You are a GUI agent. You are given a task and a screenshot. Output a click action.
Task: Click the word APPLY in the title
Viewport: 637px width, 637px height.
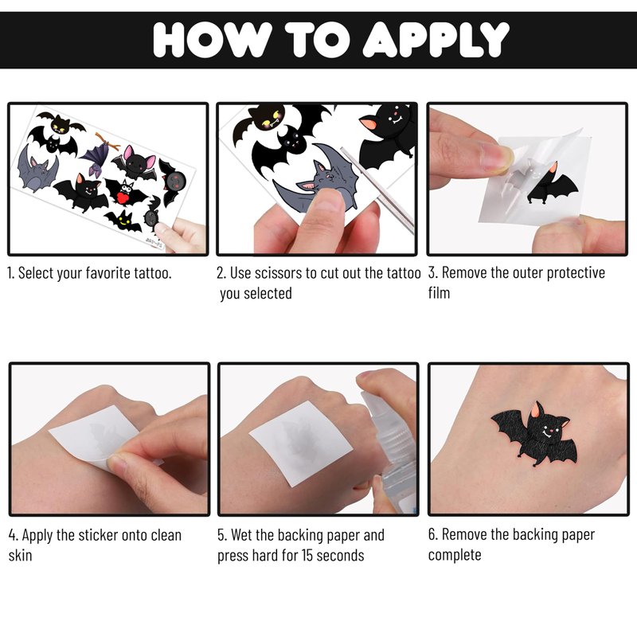(x=436, y=39)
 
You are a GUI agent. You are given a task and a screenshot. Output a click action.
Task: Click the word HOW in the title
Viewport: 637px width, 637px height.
(x=213, y=39)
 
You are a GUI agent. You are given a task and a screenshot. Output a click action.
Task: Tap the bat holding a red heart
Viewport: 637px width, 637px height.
(x=126, y=192)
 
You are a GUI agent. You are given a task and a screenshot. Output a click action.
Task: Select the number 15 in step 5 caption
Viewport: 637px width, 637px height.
(x=307, y=555)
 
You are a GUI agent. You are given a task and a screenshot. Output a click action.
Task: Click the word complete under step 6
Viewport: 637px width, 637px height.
(x=455, y=555)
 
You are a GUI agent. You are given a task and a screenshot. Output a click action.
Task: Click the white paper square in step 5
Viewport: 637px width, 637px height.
(x=300, y=443)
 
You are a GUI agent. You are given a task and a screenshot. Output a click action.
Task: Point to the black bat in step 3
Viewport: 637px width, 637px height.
(x=553, y=184)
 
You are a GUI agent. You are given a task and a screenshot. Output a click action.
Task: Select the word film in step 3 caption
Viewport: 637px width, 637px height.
(x=439, y=292)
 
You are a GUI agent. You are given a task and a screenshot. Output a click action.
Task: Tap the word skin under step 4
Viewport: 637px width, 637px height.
(x=20, y=555)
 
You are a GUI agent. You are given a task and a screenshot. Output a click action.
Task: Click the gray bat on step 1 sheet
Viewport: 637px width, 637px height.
(x=37, y=170)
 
